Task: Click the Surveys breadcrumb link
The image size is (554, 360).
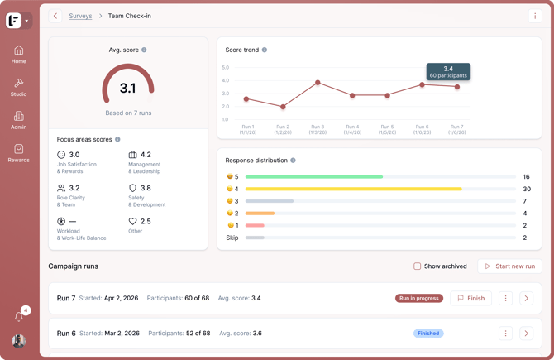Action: (x=80, y=16)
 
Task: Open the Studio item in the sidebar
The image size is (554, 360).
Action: (x=18, y=88)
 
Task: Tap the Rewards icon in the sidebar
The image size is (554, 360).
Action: (x=19, y=149)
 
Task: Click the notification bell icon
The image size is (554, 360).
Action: (x=19, y=316)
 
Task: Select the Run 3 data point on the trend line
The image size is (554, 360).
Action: (x=318, y=83)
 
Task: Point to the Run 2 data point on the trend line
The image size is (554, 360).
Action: (x=283, y=107)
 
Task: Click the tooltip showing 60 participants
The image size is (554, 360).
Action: (x=448, y=72)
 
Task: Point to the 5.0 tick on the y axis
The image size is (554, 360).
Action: (x=226, y=67)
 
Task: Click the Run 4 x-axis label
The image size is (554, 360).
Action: (x=352, y=129)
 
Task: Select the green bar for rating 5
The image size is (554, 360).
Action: (x=314, y=176)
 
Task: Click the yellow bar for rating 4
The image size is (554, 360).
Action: (x=354, y=189)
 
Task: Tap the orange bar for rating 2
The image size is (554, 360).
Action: (x=260, y=214)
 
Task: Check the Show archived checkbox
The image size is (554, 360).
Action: (x=418, y=266)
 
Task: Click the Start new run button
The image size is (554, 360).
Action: (x=510, y=266)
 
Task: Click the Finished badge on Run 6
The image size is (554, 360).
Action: (x=428, y=334)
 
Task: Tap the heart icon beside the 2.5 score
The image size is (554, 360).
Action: (x=132, y=221)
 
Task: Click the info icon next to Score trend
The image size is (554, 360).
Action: (x=265, y=50)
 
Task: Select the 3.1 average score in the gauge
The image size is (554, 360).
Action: (x=128, y=88)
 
